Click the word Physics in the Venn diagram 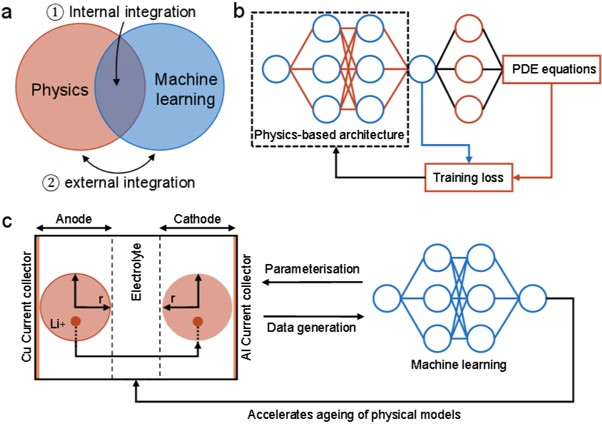click(x=60, y=90)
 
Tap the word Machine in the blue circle click(x=185, y=80)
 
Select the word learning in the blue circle click(x=185, y=99)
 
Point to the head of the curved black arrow click(x=116, y=84)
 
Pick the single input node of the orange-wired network click(x=276, y=69)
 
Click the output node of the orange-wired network click(x=422, y=69)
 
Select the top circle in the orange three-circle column click(x=469, y=29)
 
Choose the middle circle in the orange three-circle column click(x=469, y=69)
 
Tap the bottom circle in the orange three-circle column click(x=469, y=109)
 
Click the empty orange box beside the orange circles click(x=551, y=69)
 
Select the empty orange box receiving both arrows click(x=469, y=177)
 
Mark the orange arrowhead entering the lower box click(x=517, y=177)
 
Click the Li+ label click(x=58, y=324)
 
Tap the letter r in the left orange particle click(x=101, y=299)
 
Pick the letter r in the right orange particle click(x=173, y=299)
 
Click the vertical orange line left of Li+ click(x=38, y=307)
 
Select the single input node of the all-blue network click(x=387, y=298)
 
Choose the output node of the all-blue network click(x=532, y=298)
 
